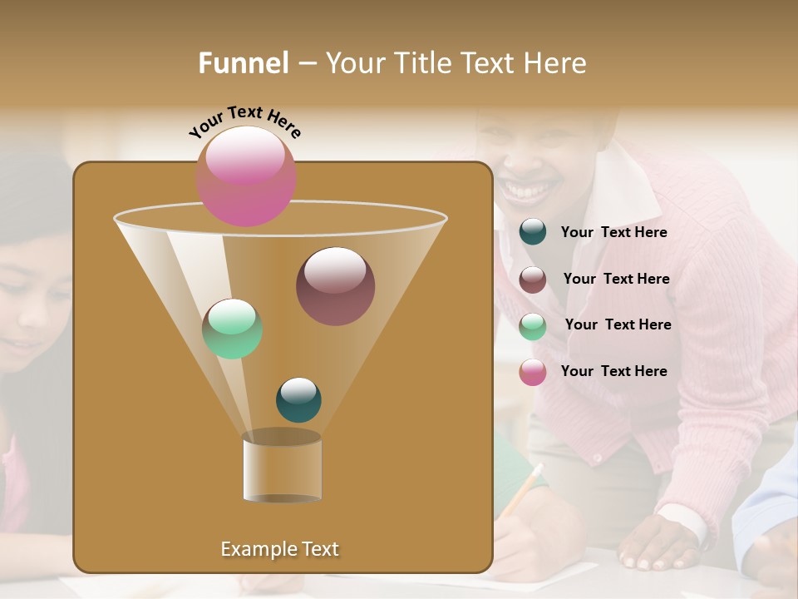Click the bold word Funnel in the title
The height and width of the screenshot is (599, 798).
pyautogui.click(x=244, y=63)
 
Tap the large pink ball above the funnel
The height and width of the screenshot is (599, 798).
pyautogui.click(x=246, y=176)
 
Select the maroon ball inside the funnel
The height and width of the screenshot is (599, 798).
pyautogui.click(x=335, y=286)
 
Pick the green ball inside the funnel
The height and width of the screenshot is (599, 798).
pyautogui.click(x=233, y=329)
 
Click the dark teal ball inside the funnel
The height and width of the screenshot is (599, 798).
pyautogui.click(x=298, y=400)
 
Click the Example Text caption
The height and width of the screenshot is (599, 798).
pyautogui.click(x=279, y=549)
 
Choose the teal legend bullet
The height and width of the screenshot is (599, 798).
pyautogui.click(x=533, y=232)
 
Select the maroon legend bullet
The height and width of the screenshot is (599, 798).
pyautogui.click(x=533, y=280)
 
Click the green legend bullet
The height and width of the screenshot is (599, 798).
pyautogui.click(x=533, y=326)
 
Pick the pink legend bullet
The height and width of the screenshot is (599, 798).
pyautogui.click(x=533, y=372)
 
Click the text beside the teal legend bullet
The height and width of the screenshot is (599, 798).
pyautogui.click(x=613, y=233)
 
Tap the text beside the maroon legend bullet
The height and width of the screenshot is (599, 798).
pyautogui.click(x=616, y=280)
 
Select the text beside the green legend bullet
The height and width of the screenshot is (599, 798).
pyautogui.click(x=618, y=325)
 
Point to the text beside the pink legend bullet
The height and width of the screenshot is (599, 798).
pyautogui.click(x=613, y=371)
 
